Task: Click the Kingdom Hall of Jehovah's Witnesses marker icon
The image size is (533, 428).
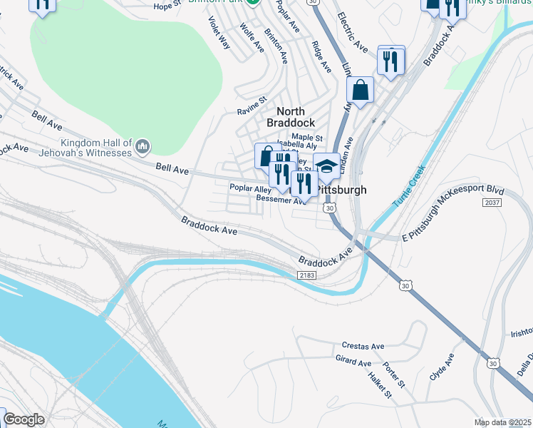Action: tap(143, 146)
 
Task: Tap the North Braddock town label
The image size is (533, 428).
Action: tap(290, 117)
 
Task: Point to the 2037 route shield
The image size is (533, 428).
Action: tap(491, 203)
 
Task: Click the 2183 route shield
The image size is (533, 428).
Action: tap(307, 275)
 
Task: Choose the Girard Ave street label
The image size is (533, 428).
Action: tap(353, 362)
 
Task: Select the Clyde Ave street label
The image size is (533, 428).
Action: tap(441, 368)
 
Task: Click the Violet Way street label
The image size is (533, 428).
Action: tap(218, 33)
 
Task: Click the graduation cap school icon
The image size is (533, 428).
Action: tap(327, 167)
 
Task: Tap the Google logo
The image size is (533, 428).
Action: tap(24, 419)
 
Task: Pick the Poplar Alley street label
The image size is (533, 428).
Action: tap(250, 189)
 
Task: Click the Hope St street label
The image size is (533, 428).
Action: tap(167, 6)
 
